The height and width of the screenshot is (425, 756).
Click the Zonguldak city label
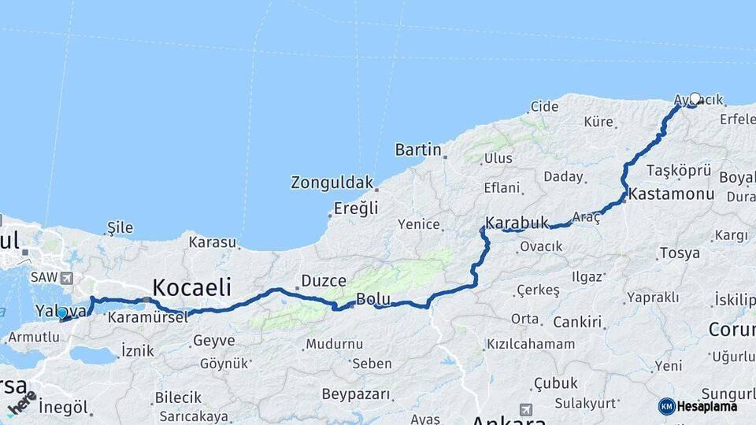tap(332, 183)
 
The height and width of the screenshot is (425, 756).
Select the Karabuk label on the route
tap(517, 223)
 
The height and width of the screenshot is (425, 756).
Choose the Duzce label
tap(323, 280)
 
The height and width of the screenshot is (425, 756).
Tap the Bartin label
tap(418, 149)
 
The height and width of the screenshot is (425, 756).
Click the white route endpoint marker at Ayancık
tap(695, 99)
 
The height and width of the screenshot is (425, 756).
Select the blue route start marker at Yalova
tap(62, 313)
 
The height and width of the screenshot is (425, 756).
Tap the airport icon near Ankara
tap(525, 410)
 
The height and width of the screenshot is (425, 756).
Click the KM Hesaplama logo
tap(698, 406)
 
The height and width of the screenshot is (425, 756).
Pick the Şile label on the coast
tap(120, 228)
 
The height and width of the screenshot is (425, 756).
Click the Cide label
tap(544, 106)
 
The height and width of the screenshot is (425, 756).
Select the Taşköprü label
tap(679, 170)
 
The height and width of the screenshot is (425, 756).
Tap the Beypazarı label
tap(356, 393)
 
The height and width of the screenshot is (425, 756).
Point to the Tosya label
tap(678, 253)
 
